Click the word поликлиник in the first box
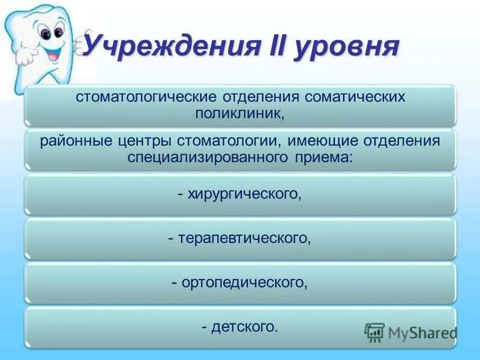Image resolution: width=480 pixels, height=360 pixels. point(238,113)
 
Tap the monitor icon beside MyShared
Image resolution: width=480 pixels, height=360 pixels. point(374,332)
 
